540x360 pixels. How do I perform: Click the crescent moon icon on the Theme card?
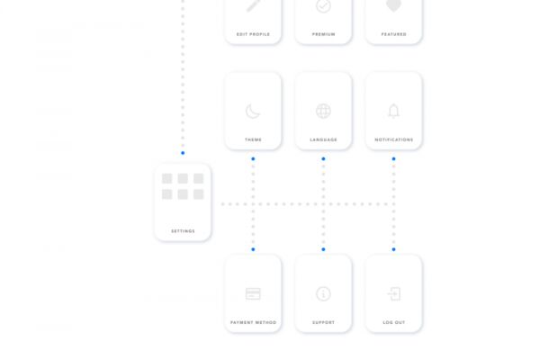pyautogui.click(x=252, y=112)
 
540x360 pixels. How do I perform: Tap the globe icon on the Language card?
pyautogui.click(x=323, y=112)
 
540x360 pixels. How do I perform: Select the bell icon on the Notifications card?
pyautogui.click(x=393, y=111)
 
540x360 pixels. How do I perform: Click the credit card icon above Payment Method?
pyautogui.click(x=253, y=294)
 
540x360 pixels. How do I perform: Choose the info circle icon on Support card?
pyautogui.click(x=323, y=294)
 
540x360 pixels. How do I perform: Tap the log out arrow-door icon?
pyautogui.click(x=394, y=294)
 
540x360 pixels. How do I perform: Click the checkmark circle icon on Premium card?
pyautogui.click(x=323, y=6)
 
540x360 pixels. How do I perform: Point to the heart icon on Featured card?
pyautogui.click(x=393, y=5)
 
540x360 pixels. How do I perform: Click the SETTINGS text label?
pyautogui.click(x=184, y=231)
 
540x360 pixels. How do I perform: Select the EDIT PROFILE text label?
pyautogui.click(x=253, y=34)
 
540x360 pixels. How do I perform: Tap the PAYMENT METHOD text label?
pyautogui.click(x=254, y=322)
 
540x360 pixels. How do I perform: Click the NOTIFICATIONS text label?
pyautogui.click(x=394, y=139)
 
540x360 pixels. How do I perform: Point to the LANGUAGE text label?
pyautogui.click(x=324, y=139)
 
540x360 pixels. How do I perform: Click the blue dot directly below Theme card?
pyautogui.click(x=253, y=158)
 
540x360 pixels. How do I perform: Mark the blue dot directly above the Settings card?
pyautogui.click(x=183, y=153)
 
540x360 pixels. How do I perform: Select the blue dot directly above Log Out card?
pyautogui.click(x=393, y=249)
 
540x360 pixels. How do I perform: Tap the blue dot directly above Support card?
pyautogui.click(x=323, y=249)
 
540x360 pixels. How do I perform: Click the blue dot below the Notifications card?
pyautogui.click(x=393, y=158)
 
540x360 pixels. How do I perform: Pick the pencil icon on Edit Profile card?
pyautogui.click(x=253, y=5)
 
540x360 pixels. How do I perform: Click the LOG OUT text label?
pyautogui.click(x=394, y=322)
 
